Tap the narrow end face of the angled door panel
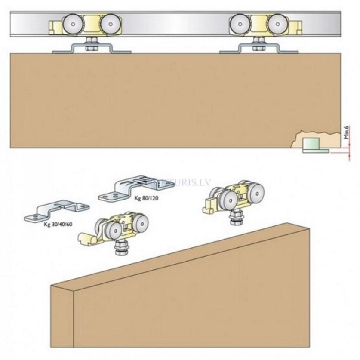[x=62, y=318]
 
